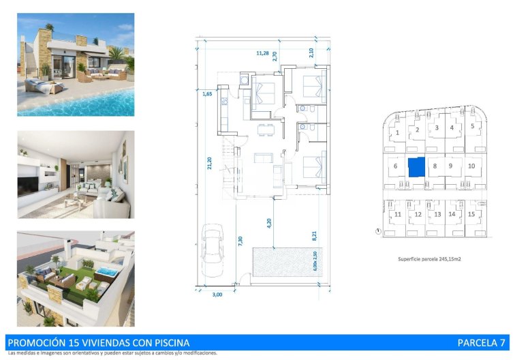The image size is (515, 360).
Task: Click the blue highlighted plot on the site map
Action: [416, 166]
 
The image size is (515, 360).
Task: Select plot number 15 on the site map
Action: [471, 214]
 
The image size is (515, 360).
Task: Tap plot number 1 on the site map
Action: [397, 133]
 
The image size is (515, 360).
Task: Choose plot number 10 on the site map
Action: [471, 166]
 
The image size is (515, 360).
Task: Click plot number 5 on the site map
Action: [472, 126]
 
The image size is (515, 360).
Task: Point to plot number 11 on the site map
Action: [397, 214]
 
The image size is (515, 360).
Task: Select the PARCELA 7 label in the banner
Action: [482, 342]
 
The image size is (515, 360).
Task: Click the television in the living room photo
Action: [29, 185]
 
